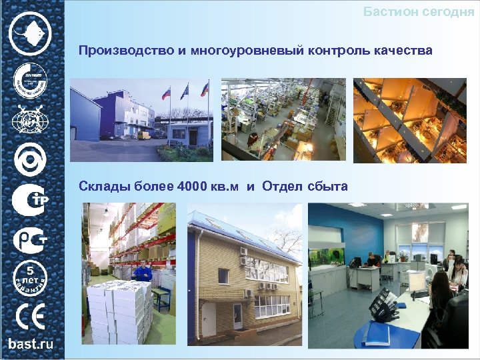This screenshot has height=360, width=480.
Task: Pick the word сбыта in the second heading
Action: pos(327,186)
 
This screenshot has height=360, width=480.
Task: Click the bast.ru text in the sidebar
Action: pos(31,344)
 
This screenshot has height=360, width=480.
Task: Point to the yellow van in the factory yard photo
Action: pos(144,135)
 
